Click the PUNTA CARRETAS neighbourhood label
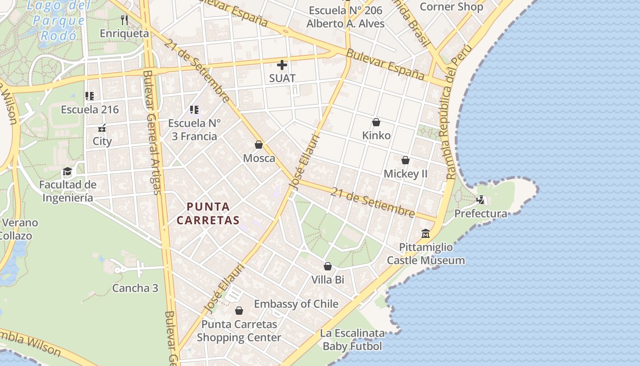[x=208, y=213]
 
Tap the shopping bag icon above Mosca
[x=259, y=145]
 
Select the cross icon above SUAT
[x=282, y=65]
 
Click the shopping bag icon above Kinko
[x=376, y=122]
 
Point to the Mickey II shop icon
[x=405, y=161]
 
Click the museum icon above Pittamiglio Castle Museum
[x=426, y=234]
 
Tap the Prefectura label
[x=480, y=214]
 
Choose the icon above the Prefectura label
[x=480, y=200]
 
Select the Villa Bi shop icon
[x=328, y=266]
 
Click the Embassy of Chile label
[x=296, y=304]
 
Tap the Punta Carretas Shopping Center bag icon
[x=239, y=311]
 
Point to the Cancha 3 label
[x=135, y=288]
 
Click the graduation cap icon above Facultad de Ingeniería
[x=68, y=172]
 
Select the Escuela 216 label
[x=90, y=109]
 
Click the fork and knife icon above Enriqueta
[x=124, y=20]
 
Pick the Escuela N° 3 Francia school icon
[x=194, y=110]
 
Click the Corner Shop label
[x=451, y=7]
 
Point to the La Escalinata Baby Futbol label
[x=352, y=339]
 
